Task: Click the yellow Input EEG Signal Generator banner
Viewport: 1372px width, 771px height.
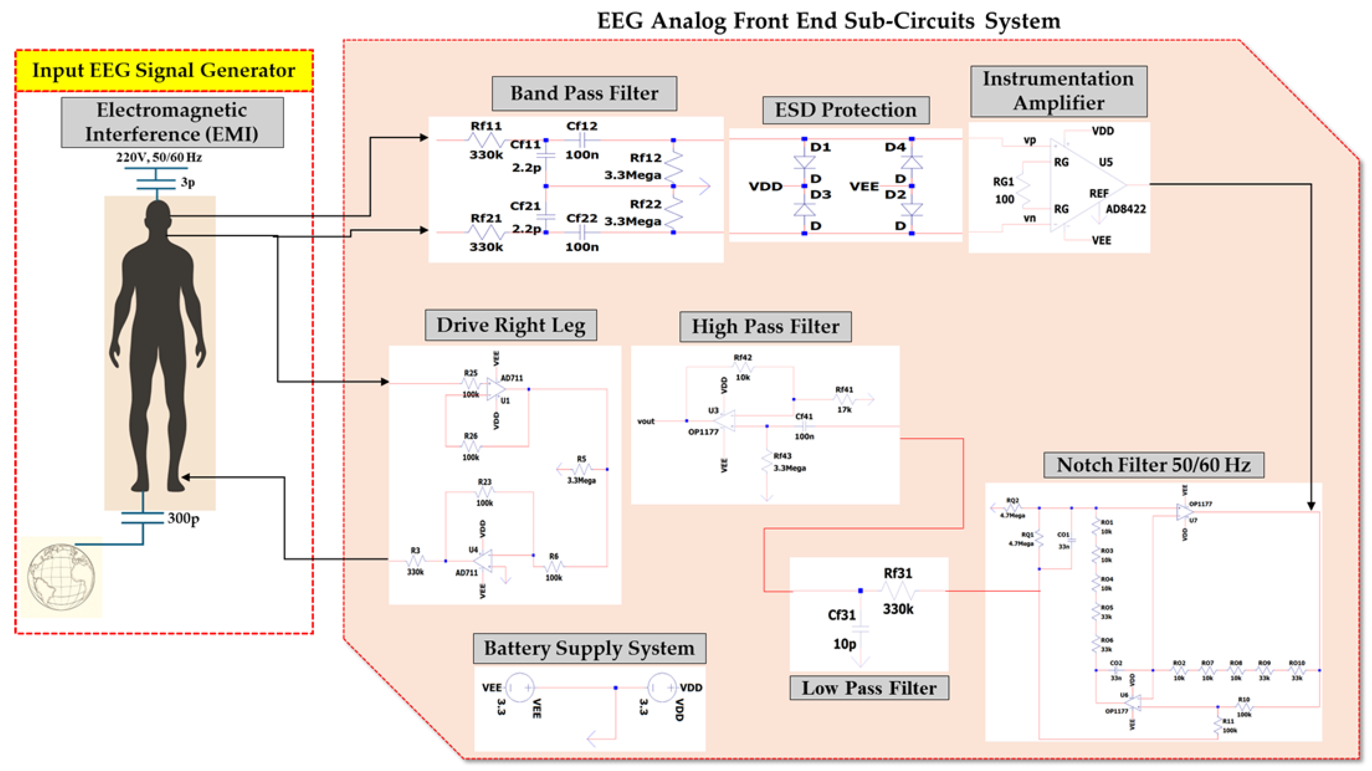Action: (x=163, y=70)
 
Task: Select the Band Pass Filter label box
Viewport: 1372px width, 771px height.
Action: (x=584, y=93)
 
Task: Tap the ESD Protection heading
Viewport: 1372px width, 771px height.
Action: (x=845, y=110)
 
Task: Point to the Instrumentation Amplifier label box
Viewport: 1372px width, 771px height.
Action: (x=1058, y=90)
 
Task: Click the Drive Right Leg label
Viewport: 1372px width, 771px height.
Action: (x=510, y=325)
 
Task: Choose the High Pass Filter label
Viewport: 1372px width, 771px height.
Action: (x=765, y=326)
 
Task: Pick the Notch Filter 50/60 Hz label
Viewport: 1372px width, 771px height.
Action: (x=1153, y=465)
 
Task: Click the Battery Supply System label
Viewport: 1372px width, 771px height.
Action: (x=589, y=648)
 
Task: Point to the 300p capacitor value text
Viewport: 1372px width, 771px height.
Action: (x=183, y=518)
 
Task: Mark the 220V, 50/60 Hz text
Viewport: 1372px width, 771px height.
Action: (x=159, y=157)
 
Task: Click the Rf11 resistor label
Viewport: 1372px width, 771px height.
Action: (x=486, y=126)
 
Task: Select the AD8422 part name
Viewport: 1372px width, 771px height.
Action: (x=1126, y=209)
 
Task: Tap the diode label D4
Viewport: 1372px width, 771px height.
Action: (x=895, y=147)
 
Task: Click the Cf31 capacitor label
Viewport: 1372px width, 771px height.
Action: (x=841, y=615)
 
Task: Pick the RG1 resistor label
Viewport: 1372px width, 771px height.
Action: (x=1003, y=182)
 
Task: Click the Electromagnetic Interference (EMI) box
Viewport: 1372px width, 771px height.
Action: (x=172, y=122)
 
